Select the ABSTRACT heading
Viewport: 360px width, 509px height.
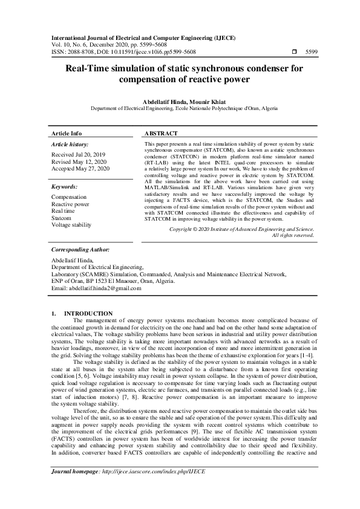pos(162,133)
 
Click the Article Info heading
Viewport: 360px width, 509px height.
pos(67,133)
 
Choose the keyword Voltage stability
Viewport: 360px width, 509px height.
pos(71,224)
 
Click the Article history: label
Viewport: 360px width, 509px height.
pos(70,145)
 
